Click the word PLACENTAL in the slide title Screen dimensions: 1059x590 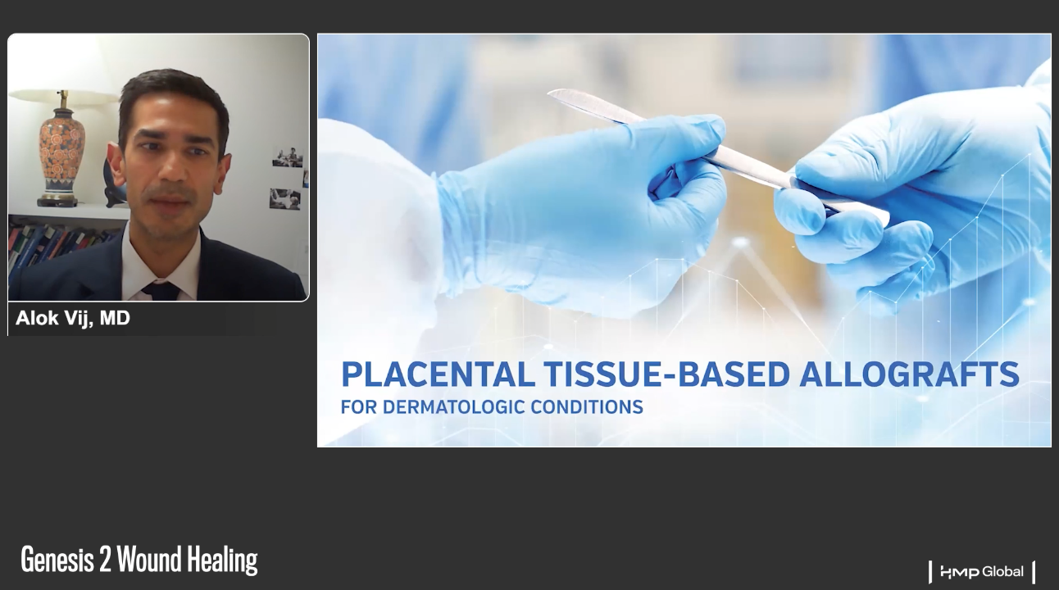438,374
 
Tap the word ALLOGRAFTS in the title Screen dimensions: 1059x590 909,374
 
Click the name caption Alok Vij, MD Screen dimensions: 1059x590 73,318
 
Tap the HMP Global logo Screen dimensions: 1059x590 983,572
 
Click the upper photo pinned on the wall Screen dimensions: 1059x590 288,157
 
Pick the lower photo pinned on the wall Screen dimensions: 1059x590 284,199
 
